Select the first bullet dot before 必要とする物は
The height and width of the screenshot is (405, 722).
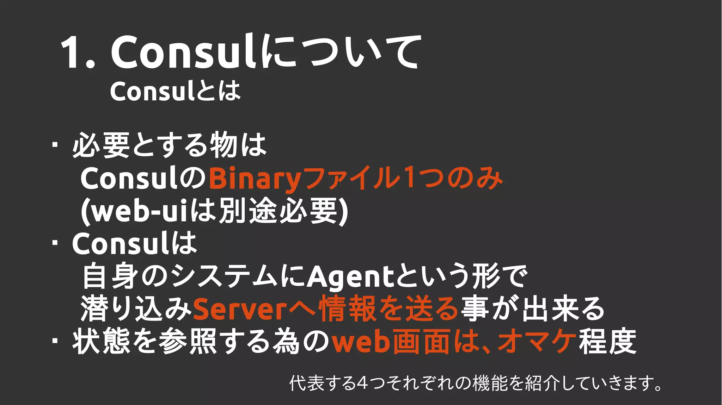pyautogui.click(x=55, y=145)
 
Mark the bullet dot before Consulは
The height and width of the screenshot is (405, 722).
pyautogui.click(x=55, y=243)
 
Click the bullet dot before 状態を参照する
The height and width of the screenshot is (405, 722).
pyautogui.click(x=55, y=341)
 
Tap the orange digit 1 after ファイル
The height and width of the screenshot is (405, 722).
pyautogui.click(x=409, y=178)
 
